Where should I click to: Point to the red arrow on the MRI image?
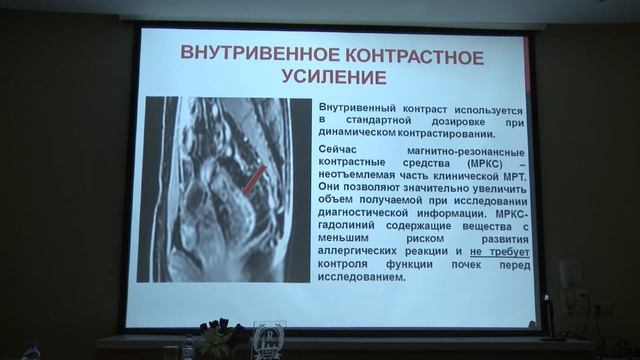(256, 181)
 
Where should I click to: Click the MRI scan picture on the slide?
(228, 187)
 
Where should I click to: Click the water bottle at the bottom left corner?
(31, 350)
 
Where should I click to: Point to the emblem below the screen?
(268, 340)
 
